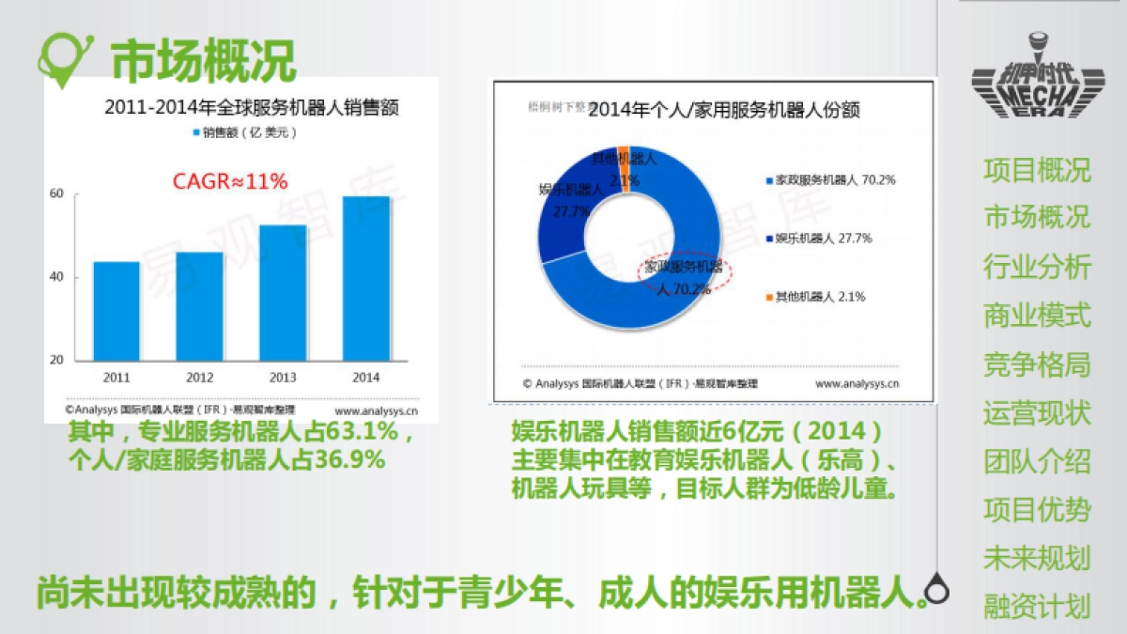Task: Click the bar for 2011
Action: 116,311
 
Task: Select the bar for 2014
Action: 366,278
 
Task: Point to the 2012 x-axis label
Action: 199,378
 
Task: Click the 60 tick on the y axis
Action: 56,194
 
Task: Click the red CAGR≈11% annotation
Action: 230,181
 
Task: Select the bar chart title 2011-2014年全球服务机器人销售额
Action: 252,107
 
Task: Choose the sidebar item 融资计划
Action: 1037,607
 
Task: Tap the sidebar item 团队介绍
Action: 1037,461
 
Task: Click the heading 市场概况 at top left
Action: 203,59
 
